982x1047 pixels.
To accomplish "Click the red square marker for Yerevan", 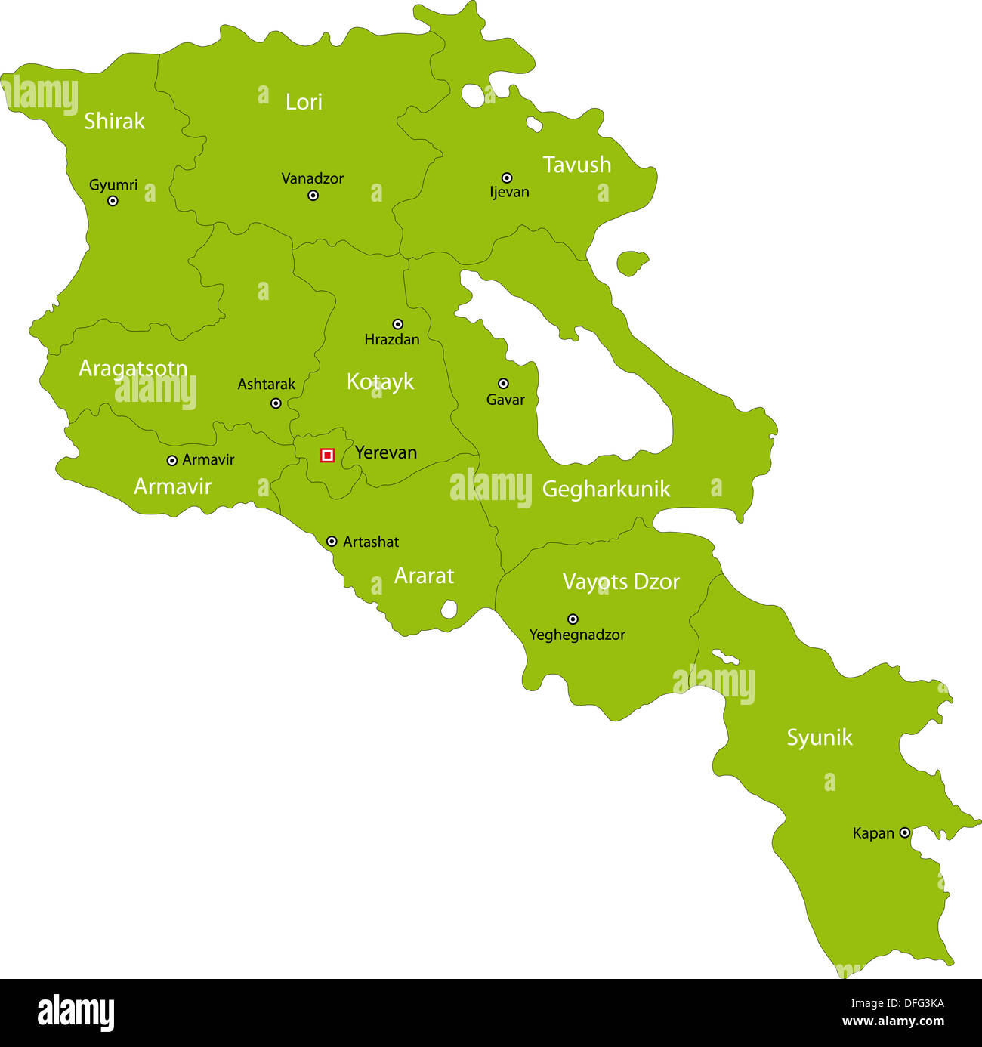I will pyautogui.click(x=327, y=455).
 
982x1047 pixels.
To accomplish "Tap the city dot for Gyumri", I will pyautogui.click(x=113, y=201).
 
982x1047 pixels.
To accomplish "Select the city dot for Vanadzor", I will pyautogui.click(x=313, y=196).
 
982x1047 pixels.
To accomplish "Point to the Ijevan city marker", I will pyautogui.click(x=507, y=178).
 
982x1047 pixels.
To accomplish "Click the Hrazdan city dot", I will pyautogui.click(x=397, y=324).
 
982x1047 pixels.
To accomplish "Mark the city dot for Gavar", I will pyautogui.click(x=503, y=384).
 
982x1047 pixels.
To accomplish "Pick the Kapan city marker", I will pyautogui.click(x=904, y=832).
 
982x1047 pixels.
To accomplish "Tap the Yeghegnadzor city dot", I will pyautogui.click(x=573, y=619).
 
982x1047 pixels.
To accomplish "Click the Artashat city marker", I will pyautogui.click(x=332, y=542).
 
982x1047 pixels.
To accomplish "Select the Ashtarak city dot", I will pyautogui.click(x=276, y=403).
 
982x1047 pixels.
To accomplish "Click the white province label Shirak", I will pyautogui.click(x=114, y=121).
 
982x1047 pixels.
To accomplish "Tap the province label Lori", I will pyautogui.click(x=304, y=102).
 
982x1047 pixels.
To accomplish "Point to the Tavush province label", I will pyautogui.click(x=577, y=165).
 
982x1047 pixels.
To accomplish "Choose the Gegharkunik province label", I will pyautogui.click(x=606, y=490).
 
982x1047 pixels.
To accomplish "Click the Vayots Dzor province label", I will pyautogui.click(x=621, y=582).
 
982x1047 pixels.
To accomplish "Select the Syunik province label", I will pyautogui.click(x=820, y=737).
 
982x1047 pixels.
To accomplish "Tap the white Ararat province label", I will pyautogui.click(x=424, y=576).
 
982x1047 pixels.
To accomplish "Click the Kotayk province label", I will pyautogui.click(x=380, y=381).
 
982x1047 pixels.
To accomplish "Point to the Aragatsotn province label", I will pyautogui.click(x=133, y=369).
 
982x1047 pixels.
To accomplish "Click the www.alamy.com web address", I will pyautogui.click(x=893, y=1021).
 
